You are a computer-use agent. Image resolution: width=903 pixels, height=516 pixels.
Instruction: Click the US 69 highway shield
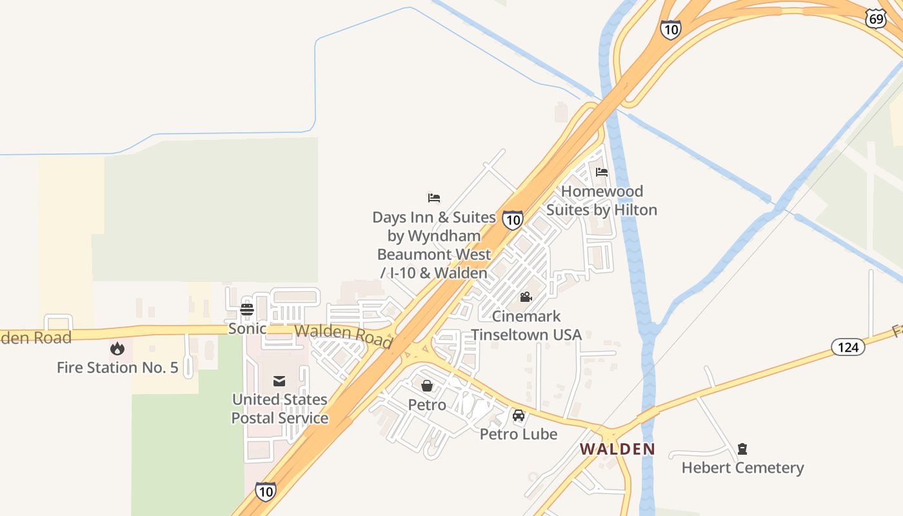[x=875, y=19]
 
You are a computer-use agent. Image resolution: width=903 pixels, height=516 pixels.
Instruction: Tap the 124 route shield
[x=848, y=347]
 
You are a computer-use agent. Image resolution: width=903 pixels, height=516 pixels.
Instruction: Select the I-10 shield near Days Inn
[x=513, y=220]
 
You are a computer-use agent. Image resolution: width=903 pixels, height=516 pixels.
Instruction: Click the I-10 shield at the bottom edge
[x=265, y=491]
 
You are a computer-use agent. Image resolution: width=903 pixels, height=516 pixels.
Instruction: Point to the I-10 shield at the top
[x=670, y=29]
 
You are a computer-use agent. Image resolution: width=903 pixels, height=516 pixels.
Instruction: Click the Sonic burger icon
[x=247, y=310]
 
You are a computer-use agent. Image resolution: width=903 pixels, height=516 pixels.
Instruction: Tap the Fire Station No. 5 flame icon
[x=117, y=348]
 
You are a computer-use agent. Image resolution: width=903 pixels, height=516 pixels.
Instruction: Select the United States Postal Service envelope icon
[x=279, y=381]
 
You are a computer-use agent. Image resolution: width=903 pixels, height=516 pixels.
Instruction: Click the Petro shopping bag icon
[x=427, y=386]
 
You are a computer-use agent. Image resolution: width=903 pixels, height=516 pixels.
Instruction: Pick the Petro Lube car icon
[x=519, y=415]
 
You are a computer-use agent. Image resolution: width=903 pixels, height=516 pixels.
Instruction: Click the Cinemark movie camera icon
[x=526, y=297]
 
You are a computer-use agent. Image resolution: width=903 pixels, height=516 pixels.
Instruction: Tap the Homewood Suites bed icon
[x=602, y=172]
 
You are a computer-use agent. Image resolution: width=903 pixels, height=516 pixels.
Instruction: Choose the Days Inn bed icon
[x=434, y=198]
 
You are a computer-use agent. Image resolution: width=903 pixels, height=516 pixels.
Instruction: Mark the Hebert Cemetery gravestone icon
[x=742, y=449]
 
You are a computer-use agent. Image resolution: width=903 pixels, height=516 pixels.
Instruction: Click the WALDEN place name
[x=617, y=449]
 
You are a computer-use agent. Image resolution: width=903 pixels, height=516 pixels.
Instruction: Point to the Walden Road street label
[x=343, y=335]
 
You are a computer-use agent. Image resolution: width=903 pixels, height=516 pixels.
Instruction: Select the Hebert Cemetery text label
[x=742, y=468]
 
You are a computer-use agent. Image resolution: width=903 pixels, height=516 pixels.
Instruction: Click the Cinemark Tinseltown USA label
[x=526, y=325]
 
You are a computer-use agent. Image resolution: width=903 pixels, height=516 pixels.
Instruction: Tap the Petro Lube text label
[x=519, y=434]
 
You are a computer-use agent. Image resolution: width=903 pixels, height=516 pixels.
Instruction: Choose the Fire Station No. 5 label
[x=117, y=368]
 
